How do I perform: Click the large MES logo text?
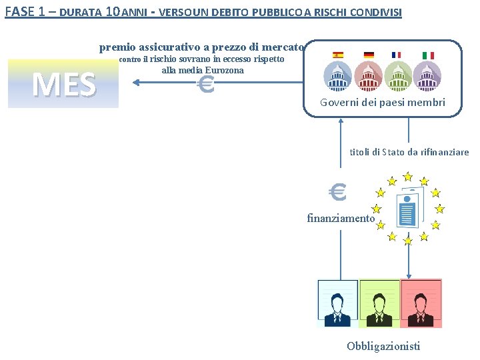click(63, 84)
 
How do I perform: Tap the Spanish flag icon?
click(338, 55)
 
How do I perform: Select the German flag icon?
click(369, 55)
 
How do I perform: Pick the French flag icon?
click(397, 55)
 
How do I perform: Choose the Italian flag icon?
click(428, 55)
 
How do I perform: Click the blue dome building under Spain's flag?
click(338, 76)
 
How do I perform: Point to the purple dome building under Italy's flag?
click(427, 76)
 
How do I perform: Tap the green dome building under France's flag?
click(398, 76)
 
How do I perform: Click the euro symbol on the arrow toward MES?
click(207, 85)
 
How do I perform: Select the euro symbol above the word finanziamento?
click(338, 193)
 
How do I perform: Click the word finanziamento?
click(341, 218)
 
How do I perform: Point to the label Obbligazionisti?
click(383, 345)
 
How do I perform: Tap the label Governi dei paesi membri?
click(383, 103)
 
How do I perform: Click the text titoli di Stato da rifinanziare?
click(409, 152)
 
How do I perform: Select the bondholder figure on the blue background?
click(337, 303)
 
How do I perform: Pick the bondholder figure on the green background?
click(379, 303)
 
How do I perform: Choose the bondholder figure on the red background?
click(420, 303)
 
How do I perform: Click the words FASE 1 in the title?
click(25, 12)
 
